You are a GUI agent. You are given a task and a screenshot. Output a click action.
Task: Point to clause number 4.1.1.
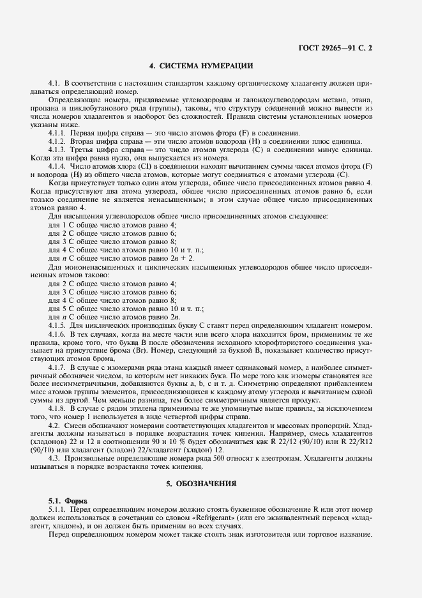point(58,132)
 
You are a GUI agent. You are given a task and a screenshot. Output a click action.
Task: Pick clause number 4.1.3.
point(58,149)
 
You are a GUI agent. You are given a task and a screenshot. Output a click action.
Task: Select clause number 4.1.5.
point(58,325)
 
